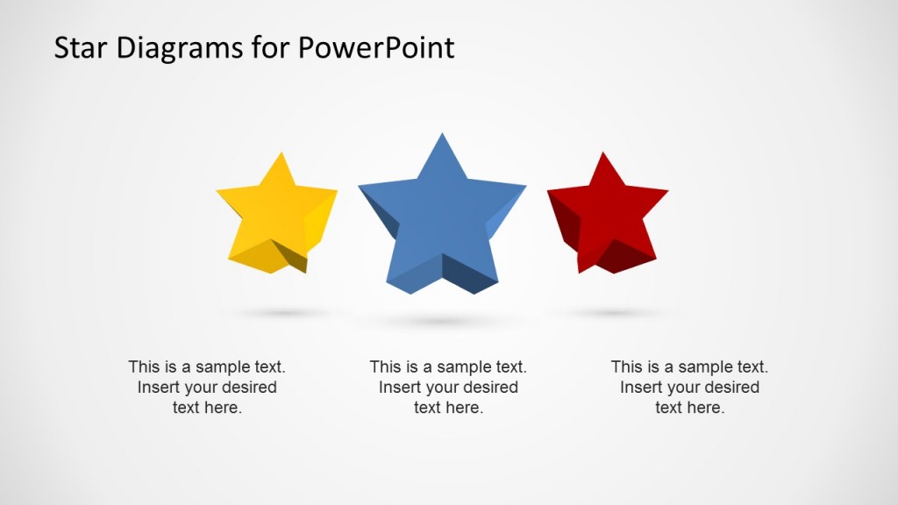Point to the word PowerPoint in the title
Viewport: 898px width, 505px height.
click(376, 47)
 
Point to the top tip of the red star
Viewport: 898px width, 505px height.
click(602, 155)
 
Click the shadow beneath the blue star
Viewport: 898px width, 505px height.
click(442, 322)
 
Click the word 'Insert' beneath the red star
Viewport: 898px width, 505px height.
click(641, 388)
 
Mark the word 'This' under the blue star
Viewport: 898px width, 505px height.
click(385, 367)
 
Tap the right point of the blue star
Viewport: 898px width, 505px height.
click(524, 187)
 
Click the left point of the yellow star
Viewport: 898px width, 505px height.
click(219, 190)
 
